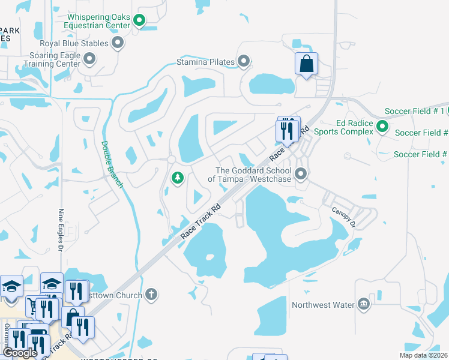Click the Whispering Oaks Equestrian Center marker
tap(140, 22)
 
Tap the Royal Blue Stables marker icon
tap(118, 43)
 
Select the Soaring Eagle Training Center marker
tap(90, 58)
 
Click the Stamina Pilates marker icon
tap(244, 61)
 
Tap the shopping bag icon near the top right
tap(306, 63)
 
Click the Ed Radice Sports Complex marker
tap(382, 127)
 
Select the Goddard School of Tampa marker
tap(301, 174)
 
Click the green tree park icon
tap(177, 178)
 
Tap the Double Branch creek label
tap(112, 164)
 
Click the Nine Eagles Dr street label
tap(60, 230)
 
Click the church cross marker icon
tap(152, 295)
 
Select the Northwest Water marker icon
tap(363, 304)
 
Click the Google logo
tap(20, 352)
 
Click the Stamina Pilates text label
tap(204, 61)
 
